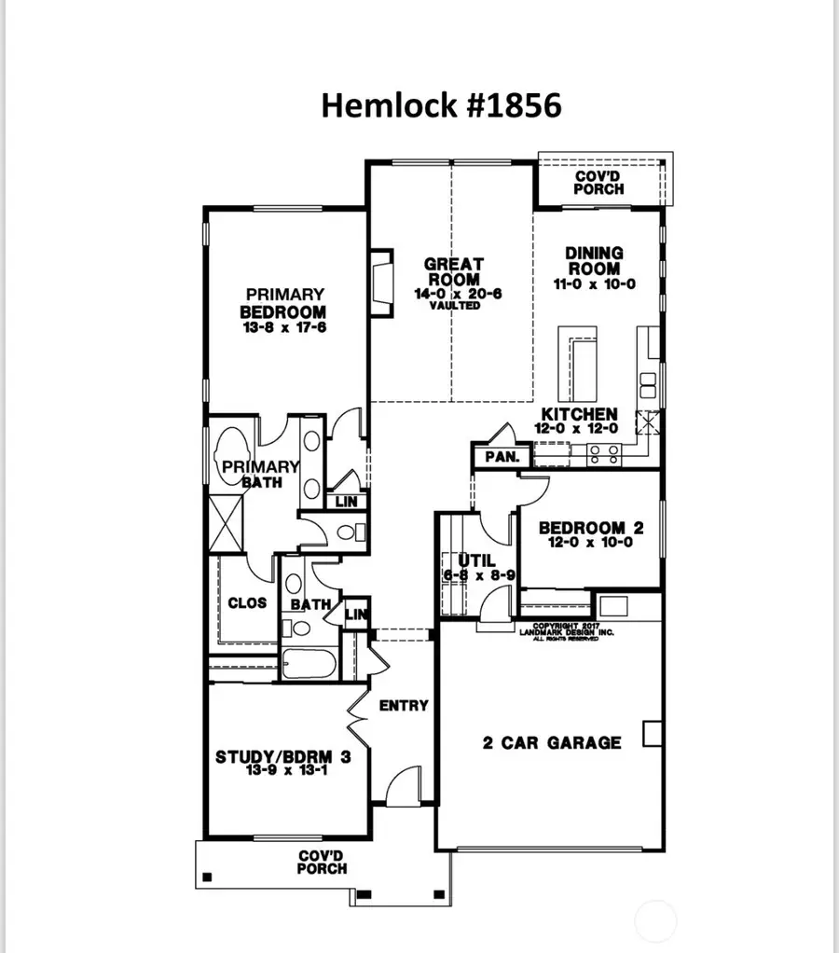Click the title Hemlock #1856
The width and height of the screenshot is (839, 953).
(x=441, y=105)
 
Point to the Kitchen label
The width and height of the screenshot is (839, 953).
(x=580, y=415)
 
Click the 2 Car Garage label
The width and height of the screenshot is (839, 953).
(x=552, y=742)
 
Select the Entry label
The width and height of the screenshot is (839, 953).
(x=404, y=705)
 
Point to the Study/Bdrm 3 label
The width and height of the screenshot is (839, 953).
(x=283, y=757)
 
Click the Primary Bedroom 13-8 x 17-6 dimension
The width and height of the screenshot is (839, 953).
(x=282, y=327)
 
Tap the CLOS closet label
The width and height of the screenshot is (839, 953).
(x=247, y=602)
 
